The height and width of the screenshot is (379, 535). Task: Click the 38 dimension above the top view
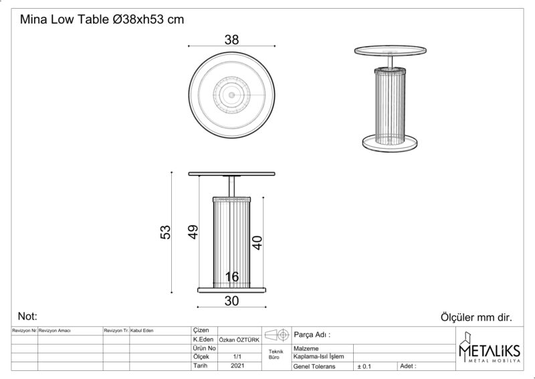pyautogui.click(x=231, y=40)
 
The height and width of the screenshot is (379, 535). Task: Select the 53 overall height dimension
pyautogui.click(x=165, y=232)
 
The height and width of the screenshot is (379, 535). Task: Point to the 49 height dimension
pyautogui.click(x=193, y=232)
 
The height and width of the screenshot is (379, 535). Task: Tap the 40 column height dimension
pyautogui.click(x=257, y=242)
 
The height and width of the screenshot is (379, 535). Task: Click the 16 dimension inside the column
pyautogui.click(x=232, y=277)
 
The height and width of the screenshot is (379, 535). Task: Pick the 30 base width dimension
pyautogui.click(x=231, y=301)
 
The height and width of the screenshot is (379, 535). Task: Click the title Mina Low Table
pyautogui.click(x=64, y=19)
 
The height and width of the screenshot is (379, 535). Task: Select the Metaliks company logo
pyautogui.click(x=490, y=348)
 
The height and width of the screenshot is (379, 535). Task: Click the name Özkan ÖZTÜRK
pyautogui.click(x=239, y=340)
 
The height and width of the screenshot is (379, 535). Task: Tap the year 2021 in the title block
pyautogui.click(x=237, y=366)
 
